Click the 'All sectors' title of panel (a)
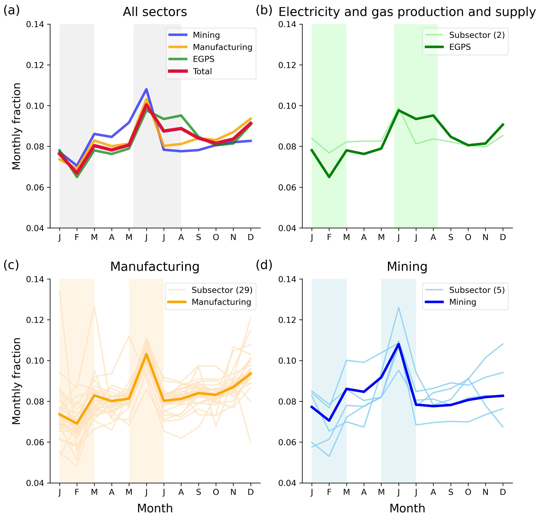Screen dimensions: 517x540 pyautogui.click(x=155, y=12)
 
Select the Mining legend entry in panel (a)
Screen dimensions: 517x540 pyautogui.click(x=206, y=35)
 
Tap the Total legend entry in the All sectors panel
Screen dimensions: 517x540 pyautogui.click(x=202, y=71)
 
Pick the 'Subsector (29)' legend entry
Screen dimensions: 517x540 pyautogui.click(x=222, y=290)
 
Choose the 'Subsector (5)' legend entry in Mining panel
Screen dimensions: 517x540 pyautogui.click(x=477, y=290)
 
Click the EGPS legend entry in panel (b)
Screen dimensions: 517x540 pyautogui.click(x=460, y=47)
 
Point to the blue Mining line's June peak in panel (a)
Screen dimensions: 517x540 pyautogui.click(x=146, y=89)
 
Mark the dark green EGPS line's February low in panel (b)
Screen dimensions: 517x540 pyautogui.click(x=329, y=177)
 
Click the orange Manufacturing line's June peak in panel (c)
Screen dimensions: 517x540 pyautogui.click(x=146, y=354)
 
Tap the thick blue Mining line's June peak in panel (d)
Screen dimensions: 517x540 pyautogui.click(x=398, y=344)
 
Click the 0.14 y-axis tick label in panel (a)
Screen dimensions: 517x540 pyautogui.click(x=35, y=25)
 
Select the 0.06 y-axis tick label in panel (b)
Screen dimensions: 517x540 pyautogui.click(x=287, y=188)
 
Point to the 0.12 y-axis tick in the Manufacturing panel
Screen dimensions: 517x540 pyautogui.click(x=35, y=320)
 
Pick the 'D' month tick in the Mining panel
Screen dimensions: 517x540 pyautogui.click(x=503, y=492)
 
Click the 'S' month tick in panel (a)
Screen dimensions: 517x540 pyautogui.click(x=198, y=237)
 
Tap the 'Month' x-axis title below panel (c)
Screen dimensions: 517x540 pyautogui.click(x=155, y=508)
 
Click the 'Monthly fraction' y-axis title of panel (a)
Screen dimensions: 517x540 pyautogui.click(x=16, y=126)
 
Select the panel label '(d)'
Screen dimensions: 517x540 pyautogui.click(x=264, y=265)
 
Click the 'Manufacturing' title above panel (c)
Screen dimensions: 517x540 pyautogui.click(x=155, y=267)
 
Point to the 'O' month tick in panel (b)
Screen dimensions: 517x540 pyautogui.click(x=468, y=237)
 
